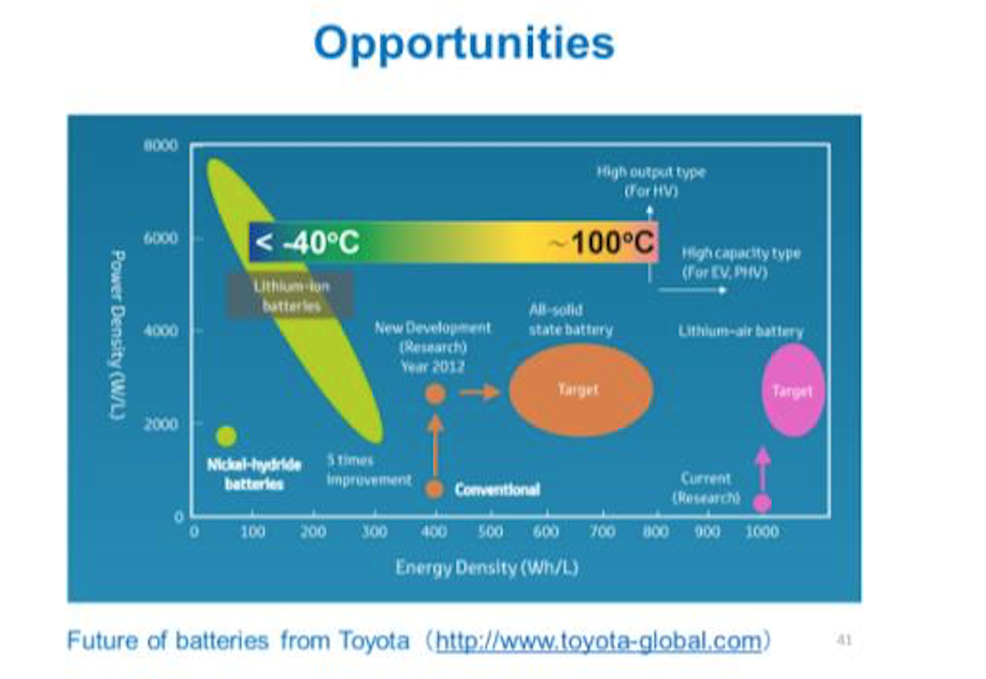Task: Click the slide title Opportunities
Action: point(464,43)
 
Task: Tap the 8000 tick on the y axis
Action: point(161,145)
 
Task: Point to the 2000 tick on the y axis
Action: point(161,424)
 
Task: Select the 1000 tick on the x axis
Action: point(762,531)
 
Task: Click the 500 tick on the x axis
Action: point(491,531)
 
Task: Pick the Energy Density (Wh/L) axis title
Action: point(487,567)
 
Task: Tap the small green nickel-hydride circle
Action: point(226,436)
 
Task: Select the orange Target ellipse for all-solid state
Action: point(581,390)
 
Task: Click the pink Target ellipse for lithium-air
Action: point(792,391)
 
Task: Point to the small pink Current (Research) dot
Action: point(762,503)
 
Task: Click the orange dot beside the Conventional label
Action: point(434,489)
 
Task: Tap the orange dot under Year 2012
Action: point(435,393)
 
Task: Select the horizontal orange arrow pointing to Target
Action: point(479,392)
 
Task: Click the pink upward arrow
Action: point(763,468)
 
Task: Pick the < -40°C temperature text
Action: point(307,242)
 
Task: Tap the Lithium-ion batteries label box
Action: point(291,296)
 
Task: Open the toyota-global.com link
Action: point(598,641)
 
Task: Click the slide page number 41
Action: point(844,640)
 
